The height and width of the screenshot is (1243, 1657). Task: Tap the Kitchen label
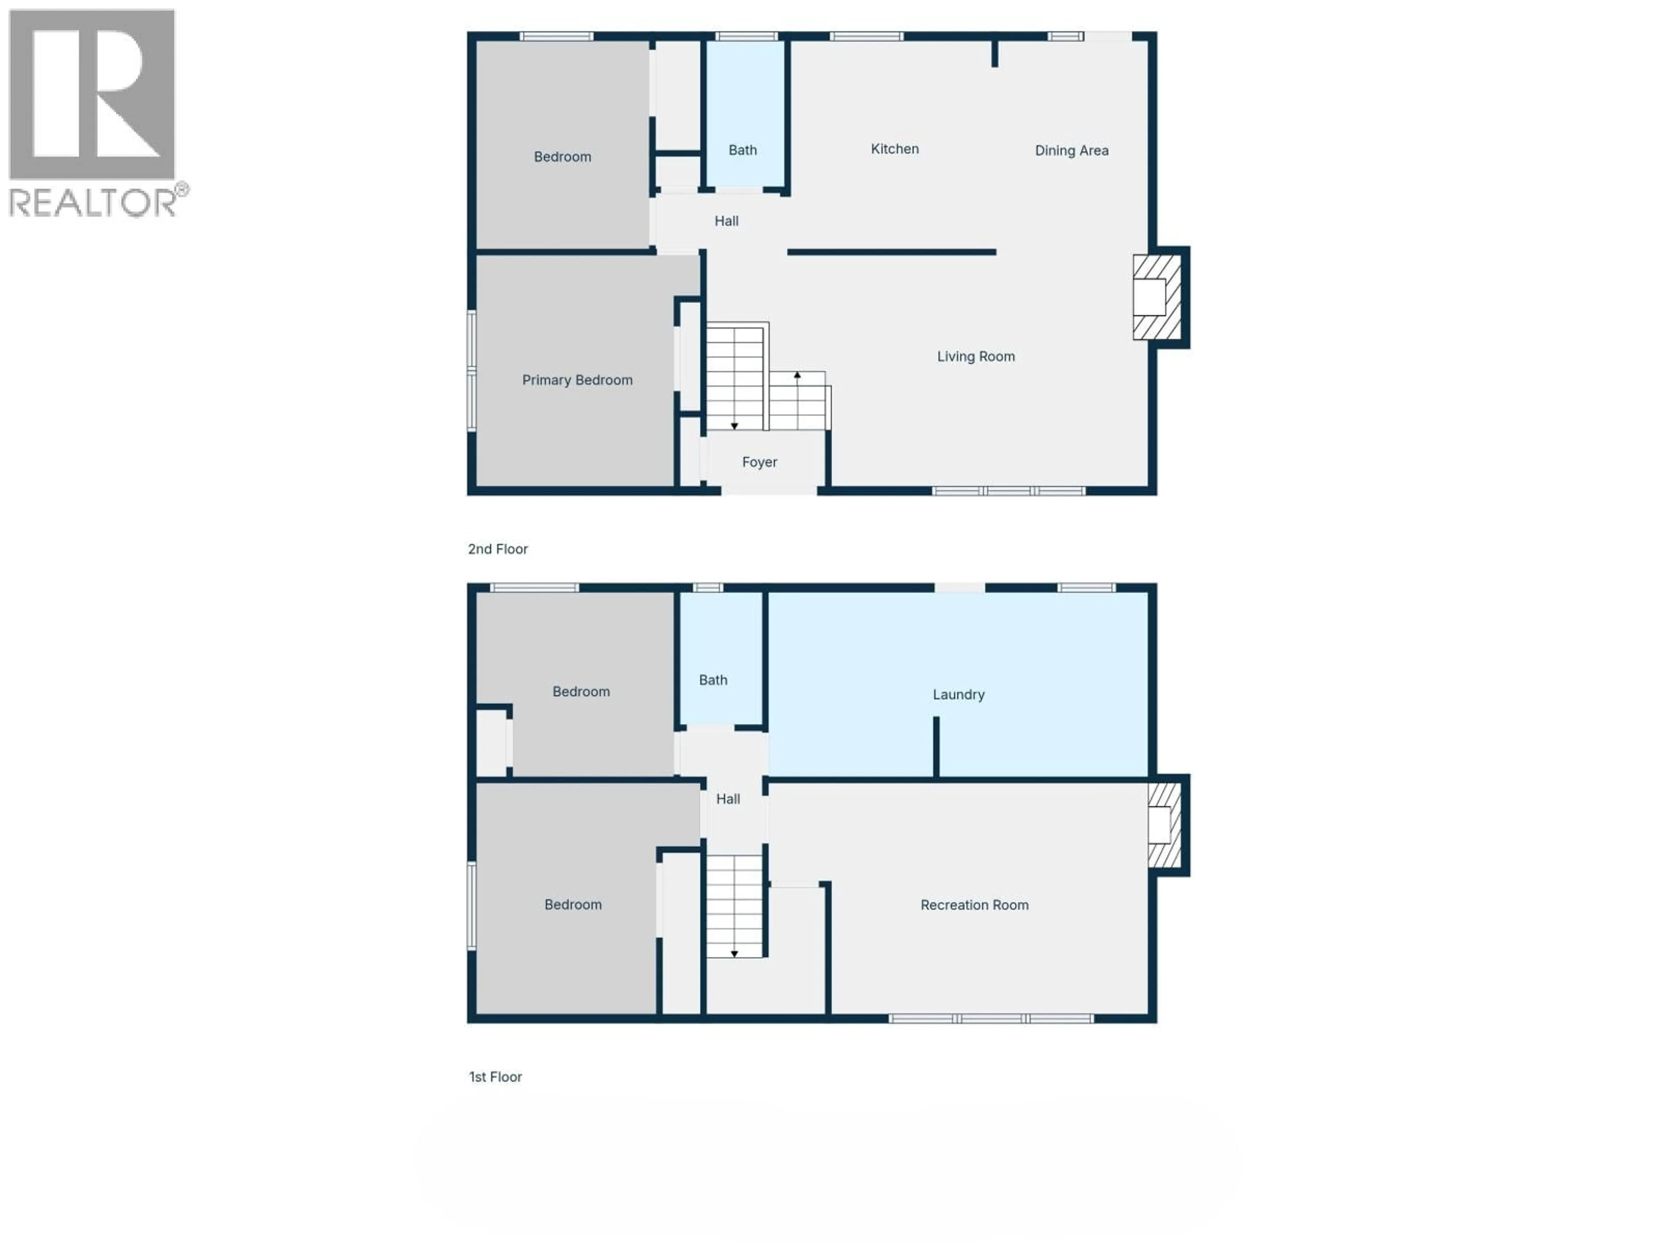pyautogui.click(x=895, y=149)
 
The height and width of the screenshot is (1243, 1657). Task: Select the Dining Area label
pyautogui.click(x=1071, y=151)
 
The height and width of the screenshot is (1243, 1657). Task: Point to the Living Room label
pyautogui.click(x=975, y=356)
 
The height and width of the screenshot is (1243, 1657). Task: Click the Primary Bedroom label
pyautogui.click(x=577, y=380)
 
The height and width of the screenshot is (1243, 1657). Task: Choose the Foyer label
pyautogui.click(x=759, y=462)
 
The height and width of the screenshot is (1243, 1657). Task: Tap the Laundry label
pyautogui.click(x=958, y=694)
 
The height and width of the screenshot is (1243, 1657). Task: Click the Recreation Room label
pyautogui.click(x=974, y=905)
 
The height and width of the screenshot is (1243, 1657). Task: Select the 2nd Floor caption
pyautogui.click(x=498, y=549)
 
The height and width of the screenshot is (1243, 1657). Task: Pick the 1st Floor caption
pyautogui.click(x=495, y=1077)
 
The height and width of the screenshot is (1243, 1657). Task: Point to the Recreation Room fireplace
pyautogui.click(x=1163, y=825)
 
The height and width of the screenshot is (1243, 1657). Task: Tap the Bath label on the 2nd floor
pyautogui.click(x=742, y=150)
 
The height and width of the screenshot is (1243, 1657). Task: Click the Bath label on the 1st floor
pyautogui.click(x=712, y=680)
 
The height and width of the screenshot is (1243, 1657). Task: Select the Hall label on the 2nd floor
pyautogui.click(x=726, y=221)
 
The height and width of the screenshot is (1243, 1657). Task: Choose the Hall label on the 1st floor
pyautogui.click(x=728, y=799)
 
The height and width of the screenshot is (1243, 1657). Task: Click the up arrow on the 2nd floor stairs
pyautogui.click(x=797, y=375)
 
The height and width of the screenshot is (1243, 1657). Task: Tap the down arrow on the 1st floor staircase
pyautogui.click(x=734, y=954)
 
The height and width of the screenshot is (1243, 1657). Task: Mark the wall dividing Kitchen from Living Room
pyautogui.click(x=892, y=252)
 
